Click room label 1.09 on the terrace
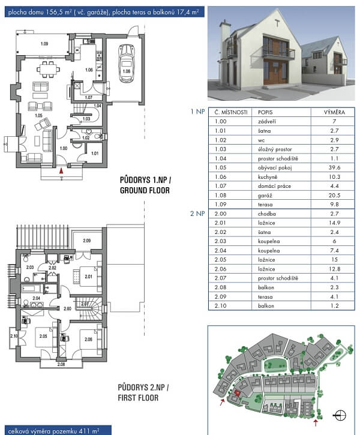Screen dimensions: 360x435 pos(44,44)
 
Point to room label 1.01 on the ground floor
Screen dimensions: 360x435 pos(95,153)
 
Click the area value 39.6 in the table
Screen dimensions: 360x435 pos(334,167)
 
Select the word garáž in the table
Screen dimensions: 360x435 pos(265,196)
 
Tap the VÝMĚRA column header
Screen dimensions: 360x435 pos(334,112)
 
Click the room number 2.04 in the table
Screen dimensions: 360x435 pos(220,251)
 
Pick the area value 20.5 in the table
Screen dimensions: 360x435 pos(334,196)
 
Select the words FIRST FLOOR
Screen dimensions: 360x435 pos(138,398)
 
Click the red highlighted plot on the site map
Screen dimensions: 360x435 pos(238,393)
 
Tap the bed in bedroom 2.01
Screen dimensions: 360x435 pos(89,277)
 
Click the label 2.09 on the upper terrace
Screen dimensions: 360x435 pos(87,241)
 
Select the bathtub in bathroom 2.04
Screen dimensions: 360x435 pos(32,289)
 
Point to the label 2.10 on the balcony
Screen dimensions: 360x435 pos(14,336)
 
